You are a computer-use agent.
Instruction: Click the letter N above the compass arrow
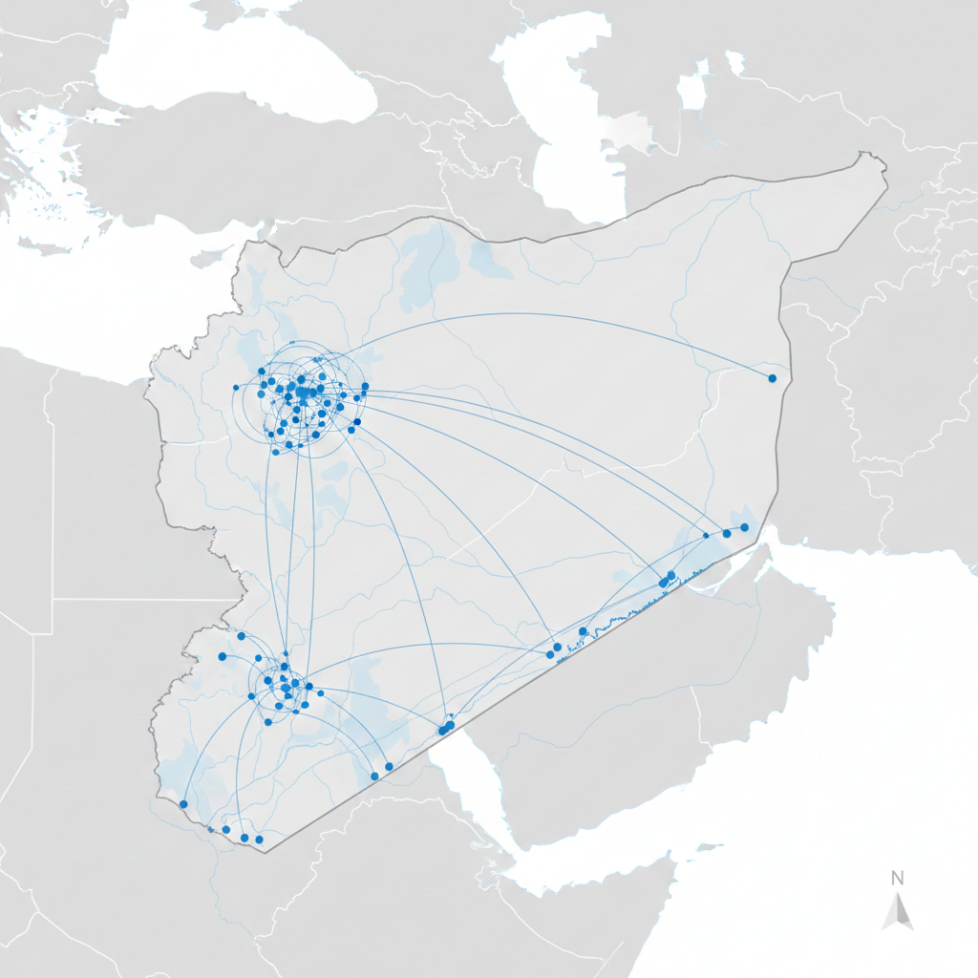[x=898, y=877]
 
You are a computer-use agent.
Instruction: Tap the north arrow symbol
[x=898, y=913]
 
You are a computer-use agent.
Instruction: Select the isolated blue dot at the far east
[x=772, y=378]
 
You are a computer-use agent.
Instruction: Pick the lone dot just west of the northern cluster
[x=236, y=388]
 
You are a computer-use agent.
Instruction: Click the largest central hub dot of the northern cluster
[x=303, y=392]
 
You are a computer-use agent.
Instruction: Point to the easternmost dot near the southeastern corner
[x=744, y=527]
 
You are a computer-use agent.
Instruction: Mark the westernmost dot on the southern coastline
[x=183, y=804]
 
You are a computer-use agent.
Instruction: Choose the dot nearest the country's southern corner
[x=259, y=840]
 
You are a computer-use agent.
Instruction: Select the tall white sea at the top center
[x=563, y=115]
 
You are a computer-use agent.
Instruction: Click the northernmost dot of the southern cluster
[x=242, y=636]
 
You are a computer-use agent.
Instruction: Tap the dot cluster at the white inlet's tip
[x=446, y=728]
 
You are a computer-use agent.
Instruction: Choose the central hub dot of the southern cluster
[x=286, y=684]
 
